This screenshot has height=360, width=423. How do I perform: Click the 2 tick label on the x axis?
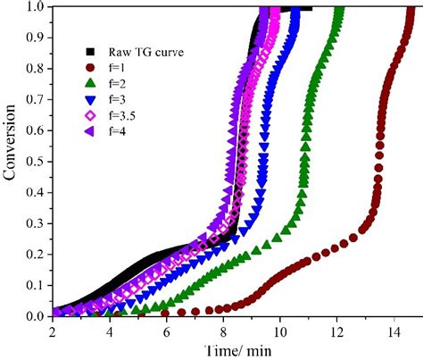(53, 331)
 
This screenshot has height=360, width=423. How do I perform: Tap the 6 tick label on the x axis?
(166, 331)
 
